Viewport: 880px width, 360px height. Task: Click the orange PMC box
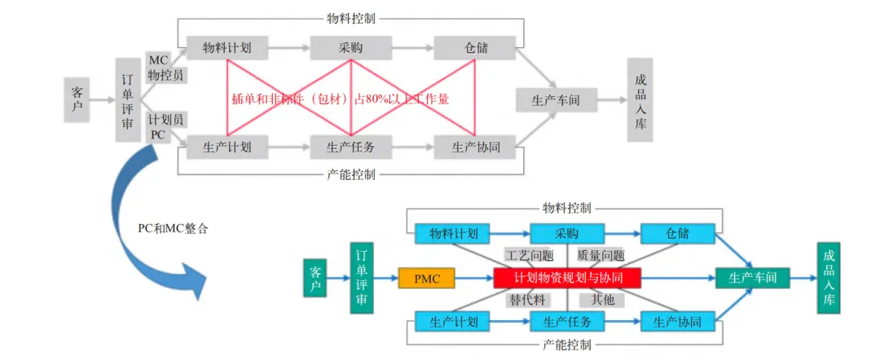(427, 279)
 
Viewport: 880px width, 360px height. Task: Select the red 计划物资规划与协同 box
(567, 279)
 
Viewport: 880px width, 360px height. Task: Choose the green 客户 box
(315, 279)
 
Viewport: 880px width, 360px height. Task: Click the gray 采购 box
(345, 47)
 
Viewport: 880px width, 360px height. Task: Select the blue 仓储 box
(677, 234)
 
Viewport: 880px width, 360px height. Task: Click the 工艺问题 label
(530, 256)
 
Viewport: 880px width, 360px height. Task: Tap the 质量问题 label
(601, 256)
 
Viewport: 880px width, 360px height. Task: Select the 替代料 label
(530, 300)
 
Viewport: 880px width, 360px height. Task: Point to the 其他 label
(603, 300)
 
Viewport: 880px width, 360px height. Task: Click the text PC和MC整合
(173, 229)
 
